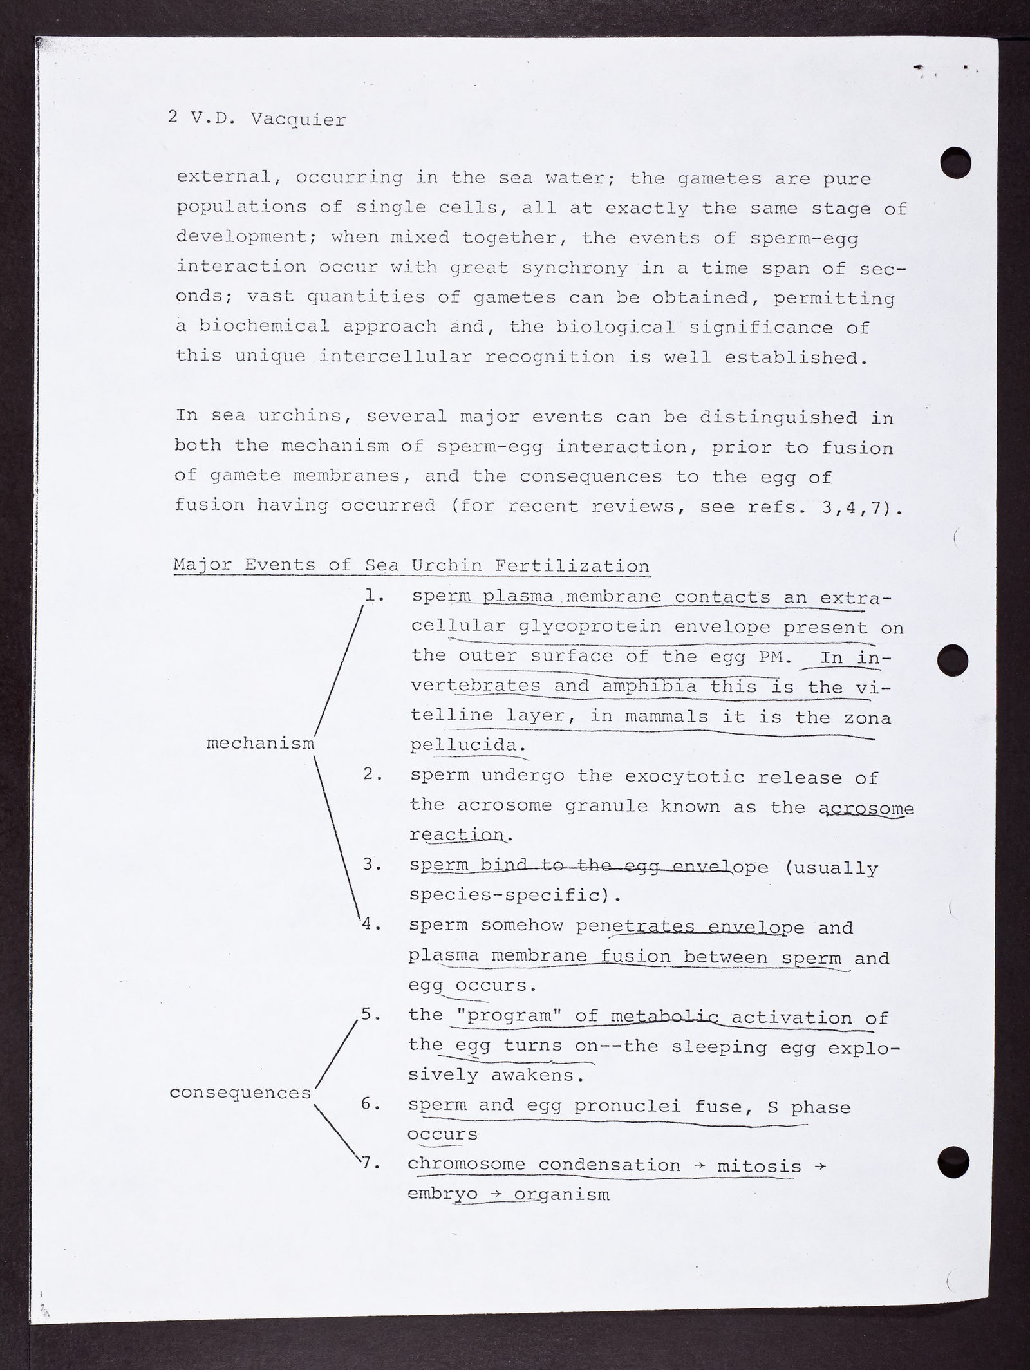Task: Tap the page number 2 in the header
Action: click(173, 118)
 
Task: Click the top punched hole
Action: click(955, 162)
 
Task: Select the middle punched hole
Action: click(953, 658)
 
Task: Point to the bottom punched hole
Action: click(953, 1161)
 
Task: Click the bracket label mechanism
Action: click(260, 744)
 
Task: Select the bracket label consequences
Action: click(240, 1093)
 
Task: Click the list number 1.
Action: click(373, 596)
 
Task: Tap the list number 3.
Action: click(372, 865)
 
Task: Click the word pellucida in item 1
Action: click(464, 746)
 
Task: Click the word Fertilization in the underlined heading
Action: click(572, 566)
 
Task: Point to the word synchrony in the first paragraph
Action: click(574, 268)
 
